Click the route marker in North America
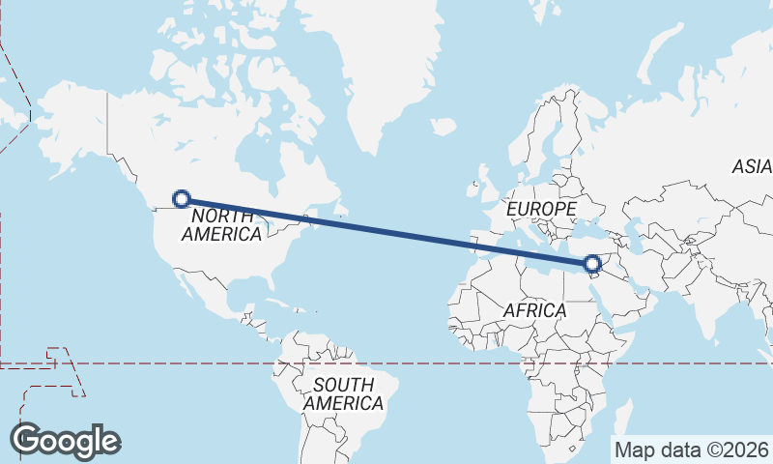pyautogui.click(x=181, y=199)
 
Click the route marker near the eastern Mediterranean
pyautogui.click(x=592, y=262)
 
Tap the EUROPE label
pyautogui.click(x=541, y=208)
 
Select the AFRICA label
pyautogui.click(x=534, y=310)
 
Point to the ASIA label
pyautogui.click(x=752, y=166)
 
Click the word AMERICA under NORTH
pyautogui.click(x=221, y=234)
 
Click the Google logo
pyautogui.click(x=65, y=441)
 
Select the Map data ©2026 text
pyautogui.click(x=692, y=449)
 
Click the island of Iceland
pyautogui.click(x=443, y=127)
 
